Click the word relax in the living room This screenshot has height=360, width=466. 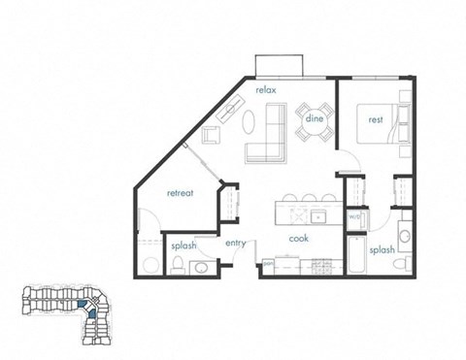268,90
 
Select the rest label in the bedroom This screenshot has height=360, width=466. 375,120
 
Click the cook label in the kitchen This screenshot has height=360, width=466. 299,238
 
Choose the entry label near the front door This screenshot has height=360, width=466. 236,245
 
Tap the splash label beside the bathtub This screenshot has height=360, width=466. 382,249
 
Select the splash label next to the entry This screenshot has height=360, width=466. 183,246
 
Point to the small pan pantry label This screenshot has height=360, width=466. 266,261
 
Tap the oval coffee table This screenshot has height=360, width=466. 249,121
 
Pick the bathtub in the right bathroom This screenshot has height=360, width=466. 355,255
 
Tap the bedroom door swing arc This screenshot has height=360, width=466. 350,160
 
